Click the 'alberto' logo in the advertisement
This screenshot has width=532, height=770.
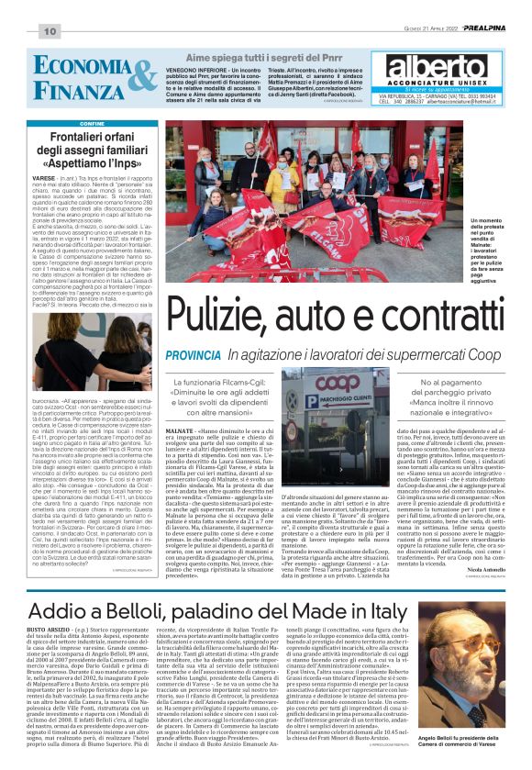click(435, 69)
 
